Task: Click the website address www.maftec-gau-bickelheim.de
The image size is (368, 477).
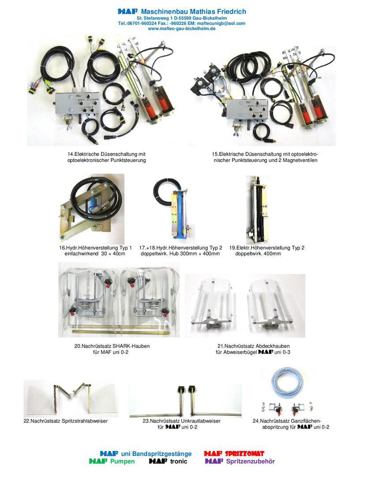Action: pos(182,29)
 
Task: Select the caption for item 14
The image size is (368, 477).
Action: pos(107,157)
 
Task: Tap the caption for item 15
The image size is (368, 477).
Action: pos(265,157)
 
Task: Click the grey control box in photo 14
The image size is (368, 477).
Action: pos(78,103)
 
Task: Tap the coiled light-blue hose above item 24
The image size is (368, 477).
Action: pos(287,382)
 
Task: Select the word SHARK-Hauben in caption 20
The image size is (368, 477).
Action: pos(131,346)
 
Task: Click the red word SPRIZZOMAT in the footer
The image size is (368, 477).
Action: pos(244,454)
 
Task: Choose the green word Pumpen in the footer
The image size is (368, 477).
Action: pos(123,462)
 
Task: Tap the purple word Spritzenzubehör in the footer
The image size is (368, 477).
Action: pos(250,462)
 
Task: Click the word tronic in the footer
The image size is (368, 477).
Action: pos(179,462)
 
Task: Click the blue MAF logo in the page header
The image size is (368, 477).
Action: pos(128,11)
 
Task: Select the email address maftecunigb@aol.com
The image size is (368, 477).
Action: pos(221,23)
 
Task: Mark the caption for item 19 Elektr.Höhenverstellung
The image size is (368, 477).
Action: pos(267,251)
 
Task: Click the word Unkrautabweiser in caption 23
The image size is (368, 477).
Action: pos(201,421)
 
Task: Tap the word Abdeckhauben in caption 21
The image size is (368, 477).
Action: pos(273,346)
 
